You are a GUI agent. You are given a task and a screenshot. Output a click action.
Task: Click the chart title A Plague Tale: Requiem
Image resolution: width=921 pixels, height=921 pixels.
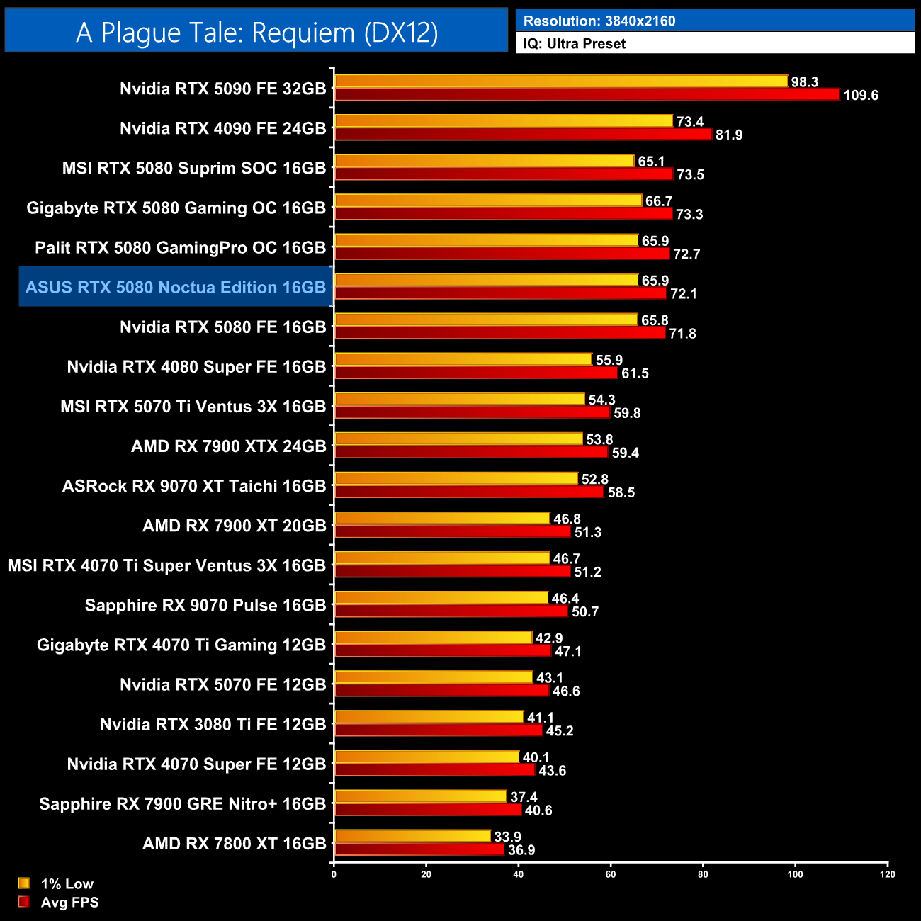tap(256, 33)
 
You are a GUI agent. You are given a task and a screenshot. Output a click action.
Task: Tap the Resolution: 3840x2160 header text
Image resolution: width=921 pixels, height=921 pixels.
tap(599, 21)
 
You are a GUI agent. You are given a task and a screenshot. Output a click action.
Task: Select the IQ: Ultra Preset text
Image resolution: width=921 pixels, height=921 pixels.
tap(574, 44)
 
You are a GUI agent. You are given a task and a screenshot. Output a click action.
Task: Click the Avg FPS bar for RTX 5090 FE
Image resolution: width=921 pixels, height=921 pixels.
tap(587, 95)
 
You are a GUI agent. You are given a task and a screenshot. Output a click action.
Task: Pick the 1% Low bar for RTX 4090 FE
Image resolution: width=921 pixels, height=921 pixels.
tap(503, 121)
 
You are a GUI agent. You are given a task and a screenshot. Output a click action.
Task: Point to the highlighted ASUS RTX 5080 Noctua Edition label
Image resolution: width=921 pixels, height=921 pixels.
tap(176, 287)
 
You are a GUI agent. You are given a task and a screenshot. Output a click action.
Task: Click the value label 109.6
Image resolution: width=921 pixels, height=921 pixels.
tap(861, 96)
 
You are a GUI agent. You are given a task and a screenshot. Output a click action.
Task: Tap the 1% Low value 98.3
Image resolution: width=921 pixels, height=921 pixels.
tap(804, 82)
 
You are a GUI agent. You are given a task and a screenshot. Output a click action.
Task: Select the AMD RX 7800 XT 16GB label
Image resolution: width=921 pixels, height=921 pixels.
tap(234, 844)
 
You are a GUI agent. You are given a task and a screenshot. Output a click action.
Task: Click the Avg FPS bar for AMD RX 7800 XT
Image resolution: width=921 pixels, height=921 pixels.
tap(419, 849)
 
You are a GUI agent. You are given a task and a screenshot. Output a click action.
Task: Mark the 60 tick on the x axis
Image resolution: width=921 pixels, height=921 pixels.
tap(611, 874)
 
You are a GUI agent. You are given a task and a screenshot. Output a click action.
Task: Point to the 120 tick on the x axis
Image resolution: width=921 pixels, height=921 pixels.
tap(888, 874)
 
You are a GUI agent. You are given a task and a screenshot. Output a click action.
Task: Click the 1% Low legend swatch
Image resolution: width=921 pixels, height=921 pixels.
tap(24, 883)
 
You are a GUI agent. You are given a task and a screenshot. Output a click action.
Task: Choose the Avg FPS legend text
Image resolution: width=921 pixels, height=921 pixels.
tap(69, 903)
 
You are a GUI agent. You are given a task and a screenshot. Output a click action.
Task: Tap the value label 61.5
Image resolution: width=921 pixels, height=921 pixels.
tap(635, 373)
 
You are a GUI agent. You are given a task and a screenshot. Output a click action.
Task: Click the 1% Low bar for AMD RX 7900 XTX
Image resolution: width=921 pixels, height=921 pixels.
tap(458, 439)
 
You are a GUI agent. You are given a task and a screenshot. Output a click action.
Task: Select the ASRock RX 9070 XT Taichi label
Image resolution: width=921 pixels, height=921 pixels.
tap(194, 486)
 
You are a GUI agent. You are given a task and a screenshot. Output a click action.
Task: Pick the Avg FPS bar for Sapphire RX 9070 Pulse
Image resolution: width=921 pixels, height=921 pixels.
tap(451, 611)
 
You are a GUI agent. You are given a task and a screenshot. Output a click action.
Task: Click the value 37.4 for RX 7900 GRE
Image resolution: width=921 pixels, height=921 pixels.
tap(524, 797)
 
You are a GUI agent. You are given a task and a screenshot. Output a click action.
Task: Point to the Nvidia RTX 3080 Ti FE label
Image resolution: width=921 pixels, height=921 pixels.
tap(213, 724)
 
